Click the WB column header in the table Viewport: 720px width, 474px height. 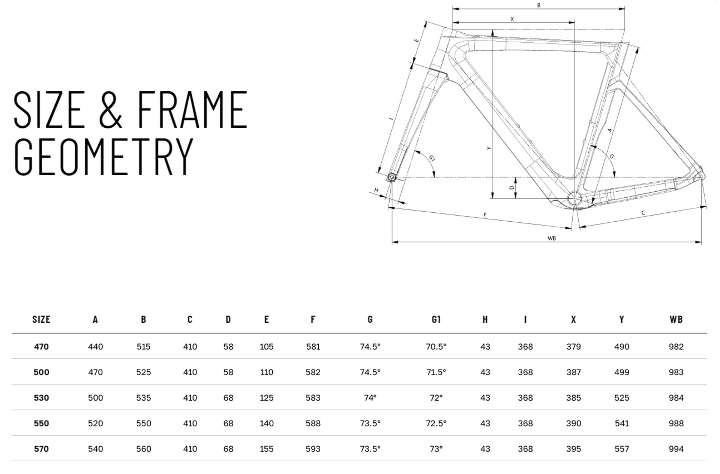click(676, 319)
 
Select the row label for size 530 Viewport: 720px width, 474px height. click(41, 398)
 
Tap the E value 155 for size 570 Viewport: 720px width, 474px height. click(266, 449)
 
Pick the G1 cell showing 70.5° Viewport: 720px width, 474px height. click(436, 347)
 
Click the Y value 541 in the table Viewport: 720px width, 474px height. click(621, 423)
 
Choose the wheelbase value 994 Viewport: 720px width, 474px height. click(676, 449)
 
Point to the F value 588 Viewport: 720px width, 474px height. click(313, 423)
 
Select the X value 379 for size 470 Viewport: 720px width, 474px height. click(573, 347)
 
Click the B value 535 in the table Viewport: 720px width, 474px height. click(143, 398)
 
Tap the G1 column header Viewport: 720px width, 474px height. click(436, 319)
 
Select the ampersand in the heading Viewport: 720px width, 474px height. click(110, 110)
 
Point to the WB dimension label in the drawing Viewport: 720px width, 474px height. click(551, 238)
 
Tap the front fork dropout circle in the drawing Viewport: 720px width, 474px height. click(392, 177)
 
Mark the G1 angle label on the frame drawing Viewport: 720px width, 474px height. click(432, 158)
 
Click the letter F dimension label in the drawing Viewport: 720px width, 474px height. click(485, 215)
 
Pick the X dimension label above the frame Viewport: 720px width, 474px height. click(512, 19)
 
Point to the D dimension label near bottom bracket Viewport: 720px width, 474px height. click(511, 188)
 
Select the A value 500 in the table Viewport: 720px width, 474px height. click(95, 398)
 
